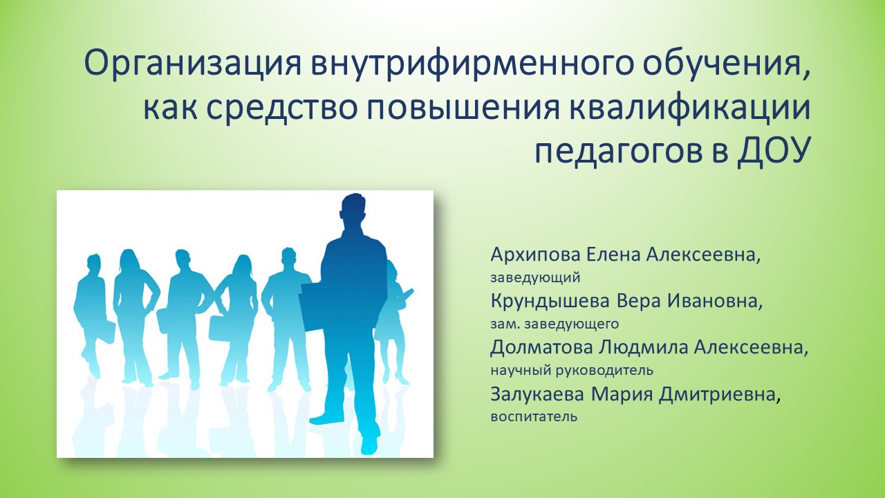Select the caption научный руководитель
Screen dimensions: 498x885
click(572, 370)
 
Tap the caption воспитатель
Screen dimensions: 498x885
click(534, 417)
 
